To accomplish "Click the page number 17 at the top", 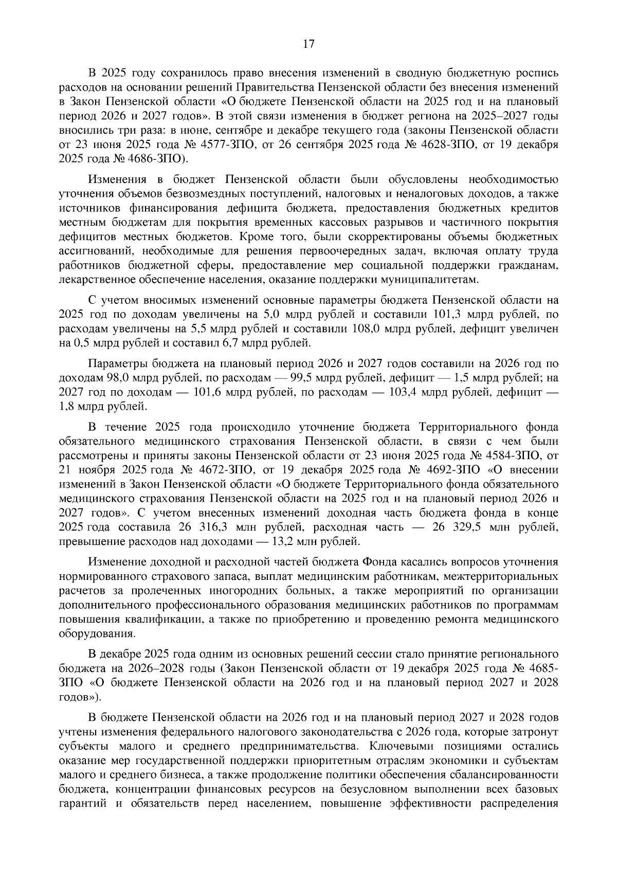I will click(308, 44).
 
